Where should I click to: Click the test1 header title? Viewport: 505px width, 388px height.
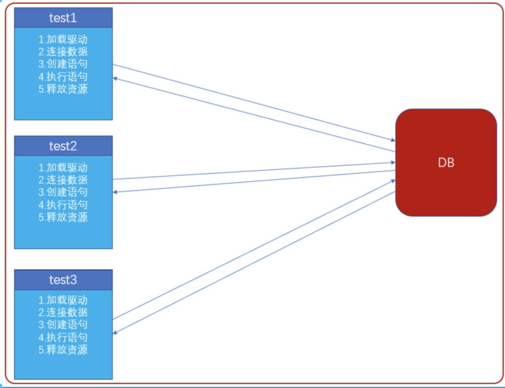[x=63, y=18]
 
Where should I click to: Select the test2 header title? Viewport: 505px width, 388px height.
[x=63, y=146]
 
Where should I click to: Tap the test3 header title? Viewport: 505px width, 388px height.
[x=63, y=279]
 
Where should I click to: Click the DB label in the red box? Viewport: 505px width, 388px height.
[x=446, y=163]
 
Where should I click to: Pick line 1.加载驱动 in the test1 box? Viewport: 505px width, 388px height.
[x=63, y=39]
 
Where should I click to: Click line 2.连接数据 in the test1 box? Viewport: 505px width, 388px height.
[x=63, y=52]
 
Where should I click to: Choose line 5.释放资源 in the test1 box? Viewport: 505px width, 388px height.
[x=63, y=89]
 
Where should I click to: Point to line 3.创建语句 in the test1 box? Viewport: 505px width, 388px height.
[x=63, y=64]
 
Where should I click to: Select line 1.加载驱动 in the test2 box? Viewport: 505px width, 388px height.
[x=63, y=167]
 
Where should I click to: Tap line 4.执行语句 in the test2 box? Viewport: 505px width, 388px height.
[x=63, y=205]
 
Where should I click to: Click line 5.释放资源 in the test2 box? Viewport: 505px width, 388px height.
[x=63, y=217]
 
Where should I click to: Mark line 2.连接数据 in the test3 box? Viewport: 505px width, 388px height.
[x=63, y=312]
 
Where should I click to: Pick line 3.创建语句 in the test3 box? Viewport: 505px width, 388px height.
[x=63, y=324]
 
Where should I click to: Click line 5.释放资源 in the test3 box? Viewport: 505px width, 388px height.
[x=63, y=349]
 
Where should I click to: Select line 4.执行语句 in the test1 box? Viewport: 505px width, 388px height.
[x=63, y=77]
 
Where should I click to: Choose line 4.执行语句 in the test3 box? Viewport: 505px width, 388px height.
[x=63, y=337]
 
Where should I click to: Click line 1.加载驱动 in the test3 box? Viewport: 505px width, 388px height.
[x=63, y=300]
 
